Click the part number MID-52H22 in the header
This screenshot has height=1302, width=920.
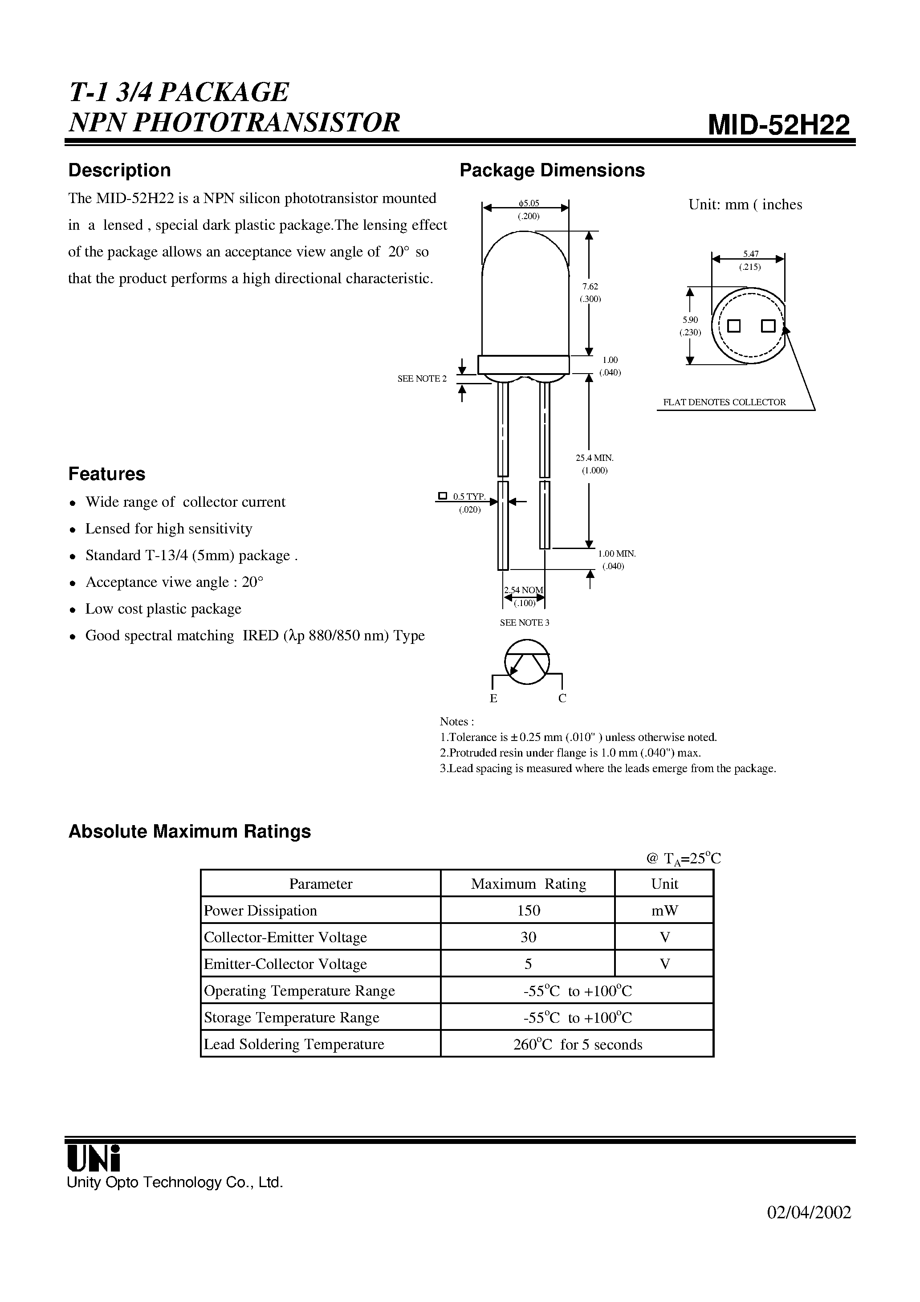[779, 124]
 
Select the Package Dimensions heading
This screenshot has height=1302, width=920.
[551, 170]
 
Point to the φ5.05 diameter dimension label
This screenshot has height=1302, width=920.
[528, 203]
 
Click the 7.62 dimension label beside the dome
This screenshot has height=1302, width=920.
[590, 287]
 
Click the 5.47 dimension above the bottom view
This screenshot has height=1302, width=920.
[750, 254]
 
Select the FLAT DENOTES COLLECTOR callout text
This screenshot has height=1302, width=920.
[725, 402]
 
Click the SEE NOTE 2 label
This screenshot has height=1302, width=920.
[422, 379]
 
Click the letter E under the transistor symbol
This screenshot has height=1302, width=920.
[493, 699]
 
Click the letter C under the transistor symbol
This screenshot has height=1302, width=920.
[562, 699]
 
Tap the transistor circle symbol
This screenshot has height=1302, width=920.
[527, 661]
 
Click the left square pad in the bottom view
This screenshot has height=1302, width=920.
[734, 326]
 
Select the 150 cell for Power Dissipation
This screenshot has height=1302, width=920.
[528, 911]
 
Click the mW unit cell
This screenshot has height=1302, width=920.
[664, 911]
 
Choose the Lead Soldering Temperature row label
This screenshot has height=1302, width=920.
[294, 1045]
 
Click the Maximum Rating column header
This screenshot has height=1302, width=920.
[528, 884]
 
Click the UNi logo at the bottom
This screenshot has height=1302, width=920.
[94, 1158]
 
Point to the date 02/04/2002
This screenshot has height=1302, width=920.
[809, 1212]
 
